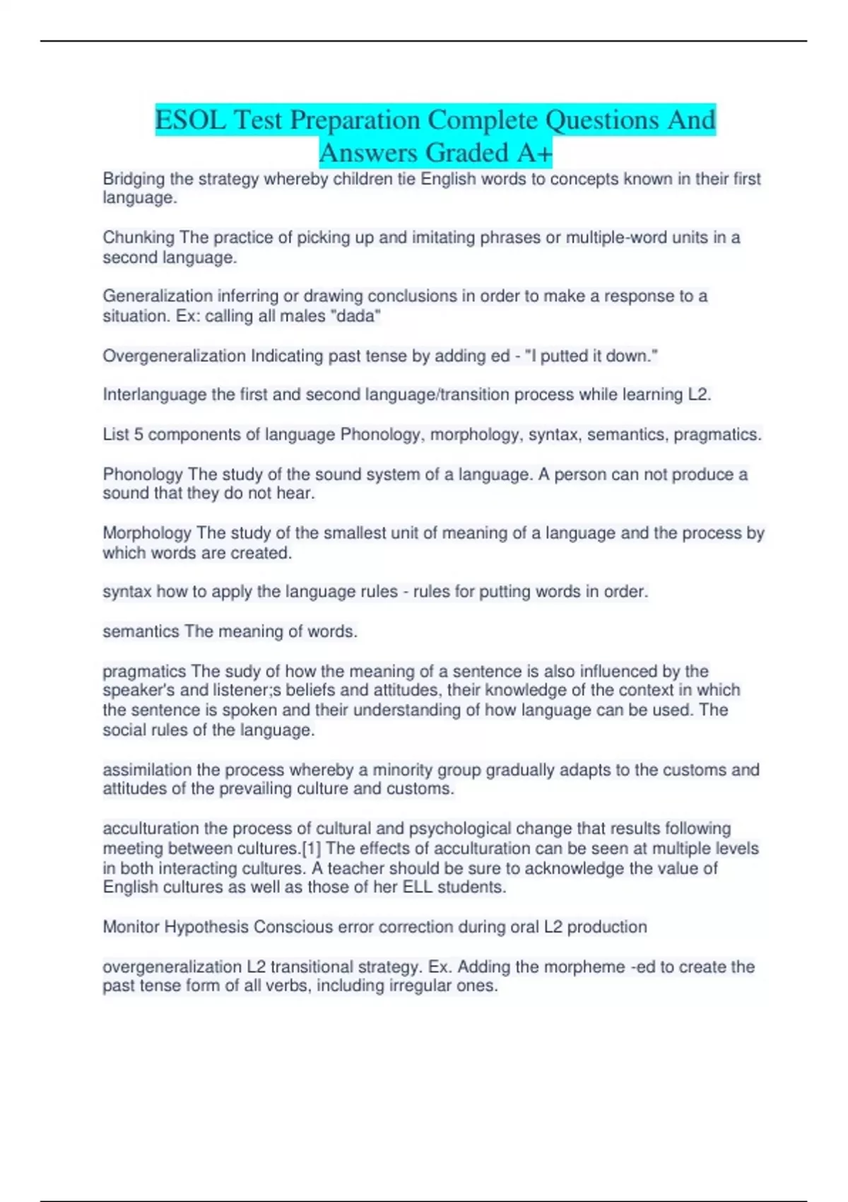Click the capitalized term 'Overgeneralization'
point(174,356)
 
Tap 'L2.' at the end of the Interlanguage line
point(699,395)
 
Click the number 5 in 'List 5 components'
point(139,434)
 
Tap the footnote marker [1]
point(312,848)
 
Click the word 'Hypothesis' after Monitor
point(206,927)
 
